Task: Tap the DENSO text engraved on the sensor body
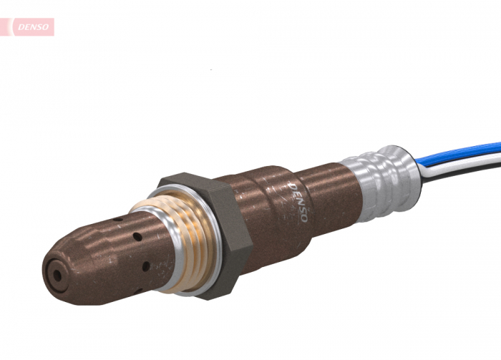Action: pos(298,202)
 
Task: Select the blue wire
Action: pos(465,151)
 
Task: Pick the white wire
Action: pos(465,161)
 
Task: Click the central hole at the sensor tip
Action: pos(56,273)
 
